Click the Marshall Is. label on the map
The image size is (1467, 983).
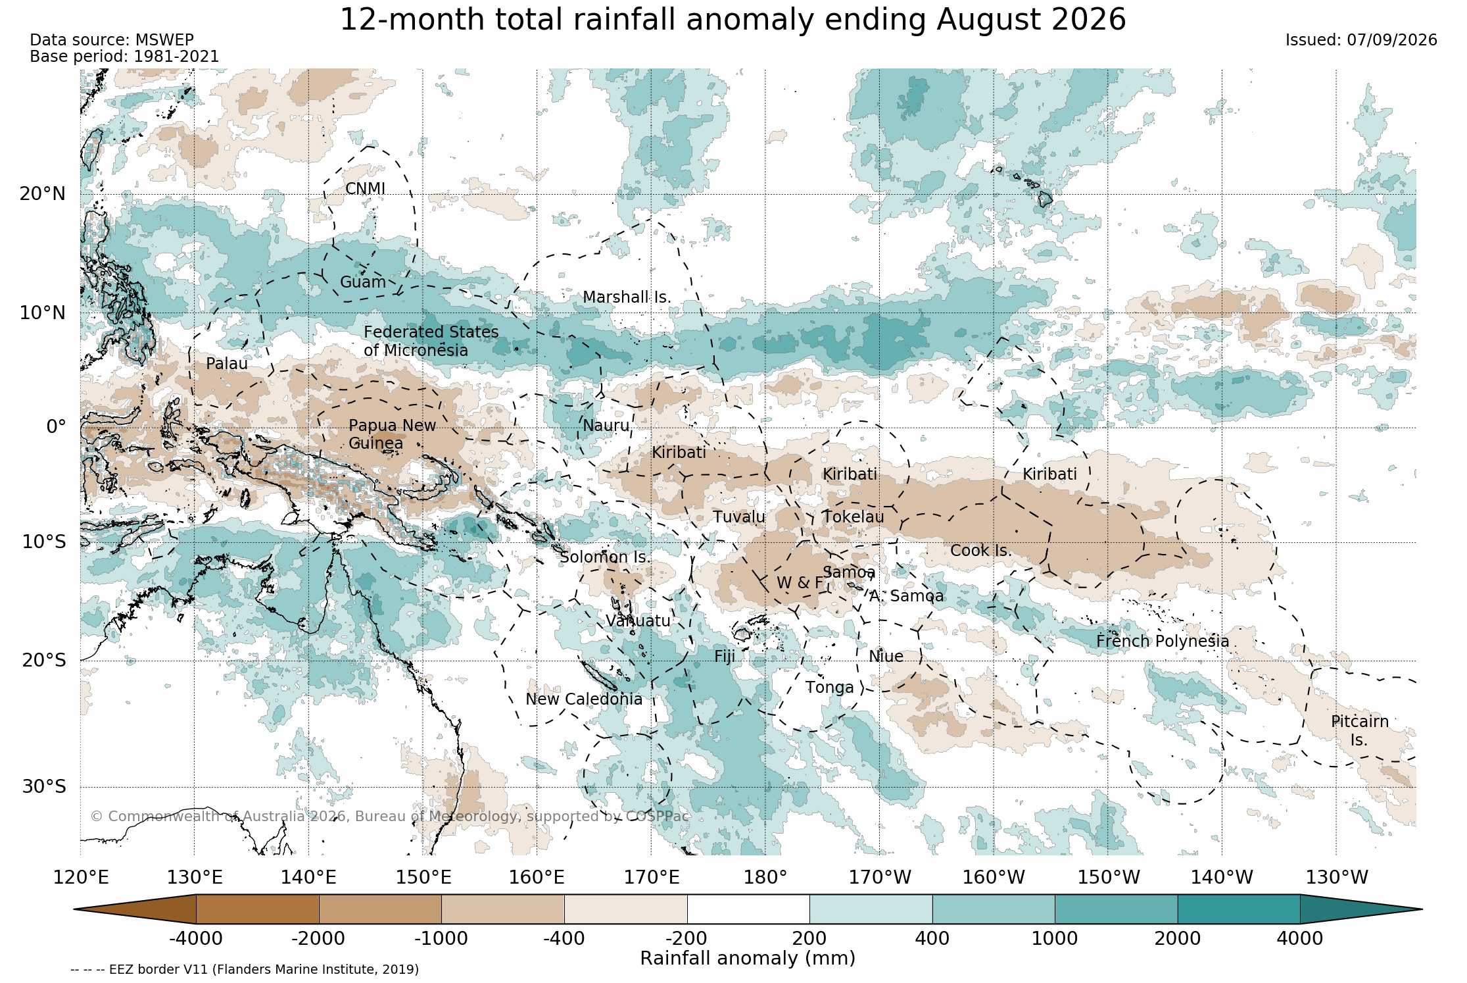click(627, 297)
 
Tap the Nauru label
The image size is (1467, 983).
click(606, 426)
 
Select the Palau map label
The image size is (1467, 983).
click(227, 364)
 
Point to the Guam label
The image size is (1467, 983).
click(362, 282)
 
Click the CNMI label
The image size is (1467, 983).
click(365, 189)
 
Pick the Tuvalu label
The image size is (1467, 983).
click(739, 517)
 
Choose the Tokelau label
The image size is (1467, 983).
click(854, 517)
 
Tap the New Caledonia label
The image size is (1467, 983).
click(584, 699)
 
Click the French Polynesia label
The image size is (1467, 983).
click(1163, 642)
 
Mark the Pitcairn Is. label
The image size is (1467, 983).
click(1360, 731)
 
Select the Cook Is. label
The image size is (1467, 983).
click(980, 551)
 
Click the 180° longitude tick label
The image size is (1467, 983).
click(765, 878)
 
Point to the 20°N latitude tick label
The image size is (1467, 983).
click(43, 194)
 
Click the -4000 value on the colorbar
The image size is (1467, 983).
click(195, 939)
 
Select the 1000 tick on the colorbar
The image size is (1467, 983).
click(1055, 939)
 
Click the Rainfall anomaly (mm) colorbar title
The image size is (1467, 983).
click(748, 959)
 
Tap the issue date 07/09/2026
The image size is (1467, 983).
click(1391, 40)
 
